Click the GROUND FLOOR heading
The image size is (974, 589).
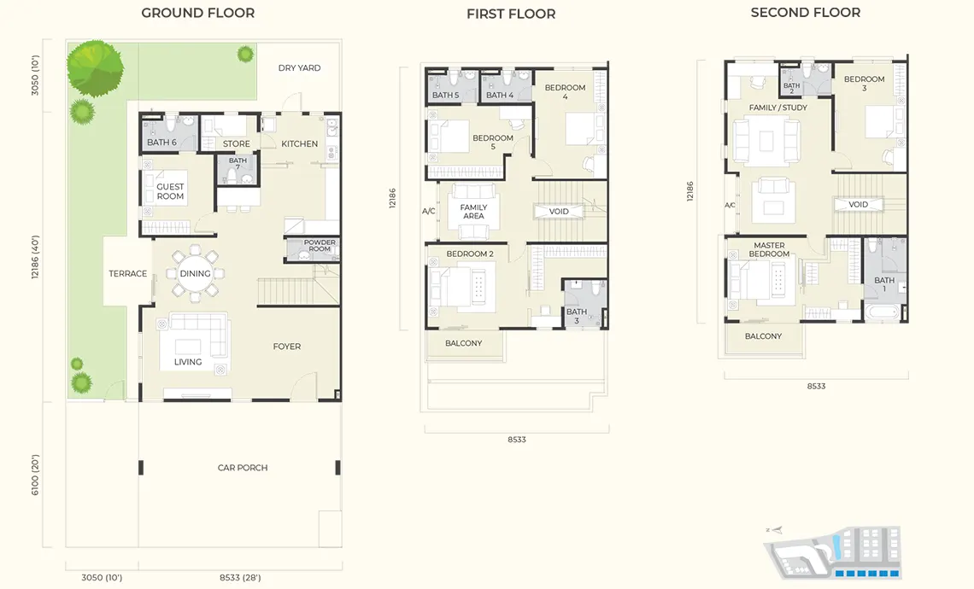tap(197, 13)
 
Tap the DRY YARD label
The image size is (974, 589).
tap(299, 67)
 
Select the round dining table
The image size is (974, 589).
tap(195, 273)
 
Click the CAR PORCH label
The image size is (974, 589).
tap(243, 467)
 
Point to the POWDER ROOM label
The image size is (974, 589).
tap(320, 245)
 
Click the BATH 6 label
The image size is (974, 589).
tap(161, 143)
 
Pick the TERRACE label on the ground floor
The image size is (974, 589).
tap(128, 273)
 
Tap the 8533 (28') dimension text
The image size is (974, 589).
tap(240, 577)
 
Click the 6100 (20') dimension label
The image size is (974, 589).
tap(35, 475)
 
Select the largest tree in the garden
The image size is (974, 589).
tap(95, 67)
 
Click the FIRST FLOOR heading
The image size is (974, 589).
tap(511, 14)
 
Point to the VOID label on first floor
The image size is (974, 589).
tap(559, 212)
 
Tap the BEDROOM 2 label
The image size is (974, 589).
tap(470, 254)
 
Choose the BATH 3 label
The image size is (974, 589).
tap(577, 316)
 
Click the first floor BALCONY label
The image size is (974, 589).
tap(463, 343)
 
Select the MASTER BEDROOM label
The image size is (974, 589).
tap(769, 249)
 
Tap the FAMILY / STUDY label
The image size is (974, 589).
tap(777, 108)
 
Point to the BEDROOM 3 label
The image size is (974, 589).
tap(864, 83)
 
